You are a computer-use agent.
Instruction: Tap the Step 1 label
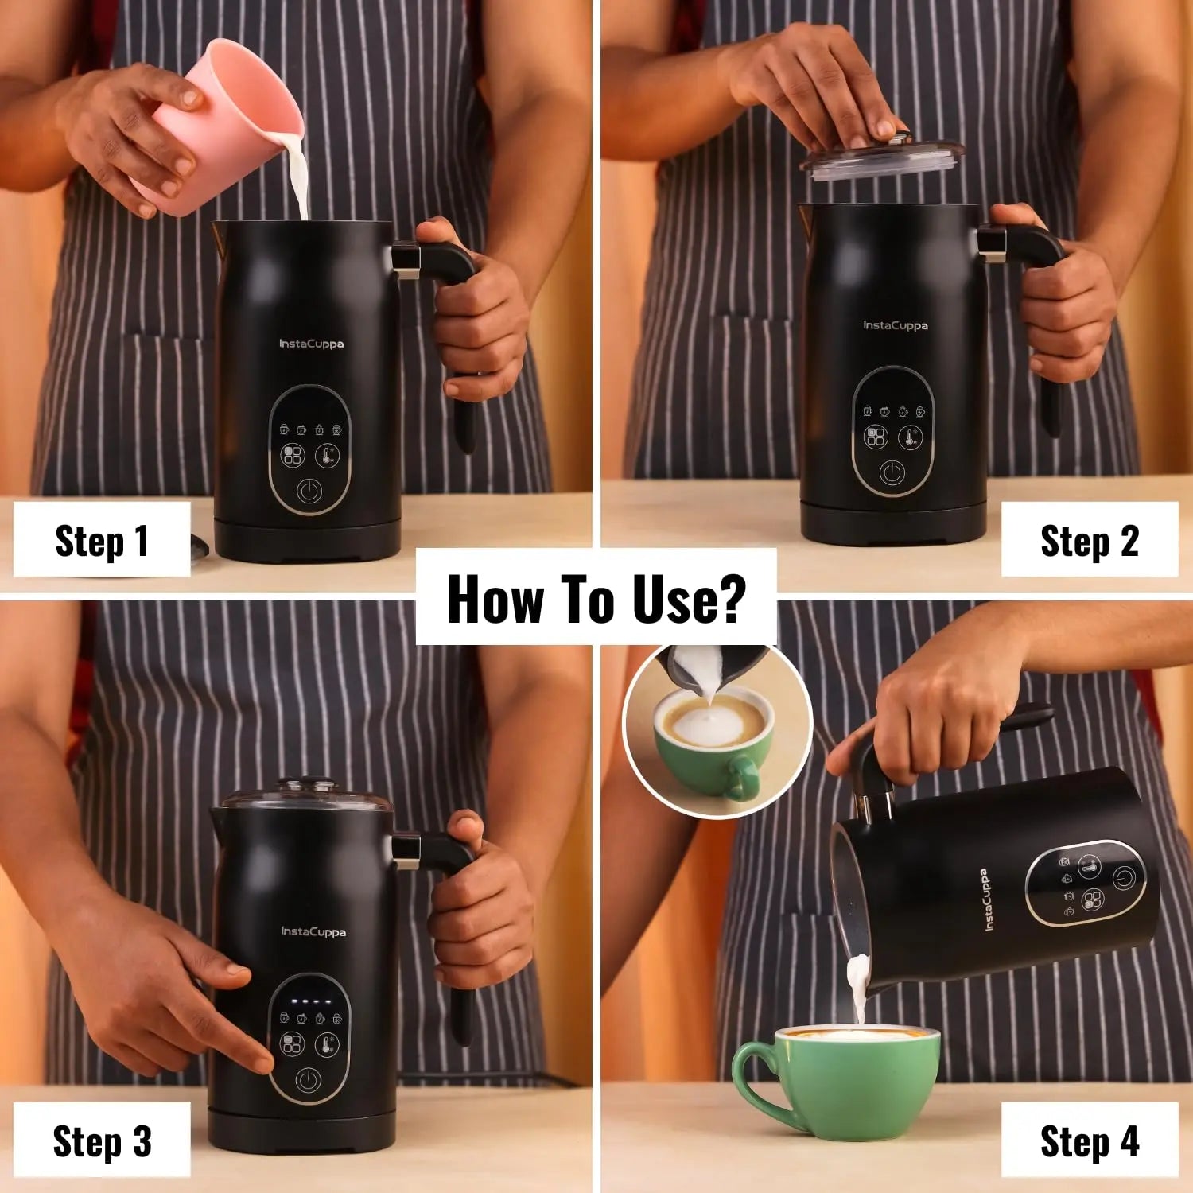[102, 541]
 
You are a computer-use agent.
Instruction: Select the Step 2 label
[1090, 541]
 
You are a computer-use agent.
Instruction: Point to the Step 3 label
[102, 1141]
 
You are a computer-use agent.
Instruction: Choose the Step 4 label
[1090, 1141]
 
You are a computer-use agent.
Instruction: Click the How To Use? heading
[596, 598]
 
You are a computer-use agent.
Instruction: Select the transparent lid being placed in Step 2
[881, 156]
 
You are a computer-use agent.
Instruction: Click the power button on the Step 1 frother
[309, 491]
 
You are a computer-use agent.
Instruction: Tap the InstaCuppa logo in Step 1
[311, 344]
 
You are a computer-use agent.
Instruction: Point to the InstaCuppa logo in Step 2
[896, 325]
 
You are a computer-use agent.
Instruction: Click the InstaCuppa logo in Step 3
[313, 931]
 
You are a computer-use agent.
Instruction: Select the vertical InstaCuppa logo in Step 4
[986, 900]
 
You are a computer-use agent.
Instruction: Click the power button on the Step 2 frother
[892, 473]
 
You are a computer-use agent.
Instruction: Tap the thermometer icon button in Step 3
[328, 1044]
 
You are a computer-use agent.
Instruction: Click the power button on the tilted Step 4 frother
[1123, 877]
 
